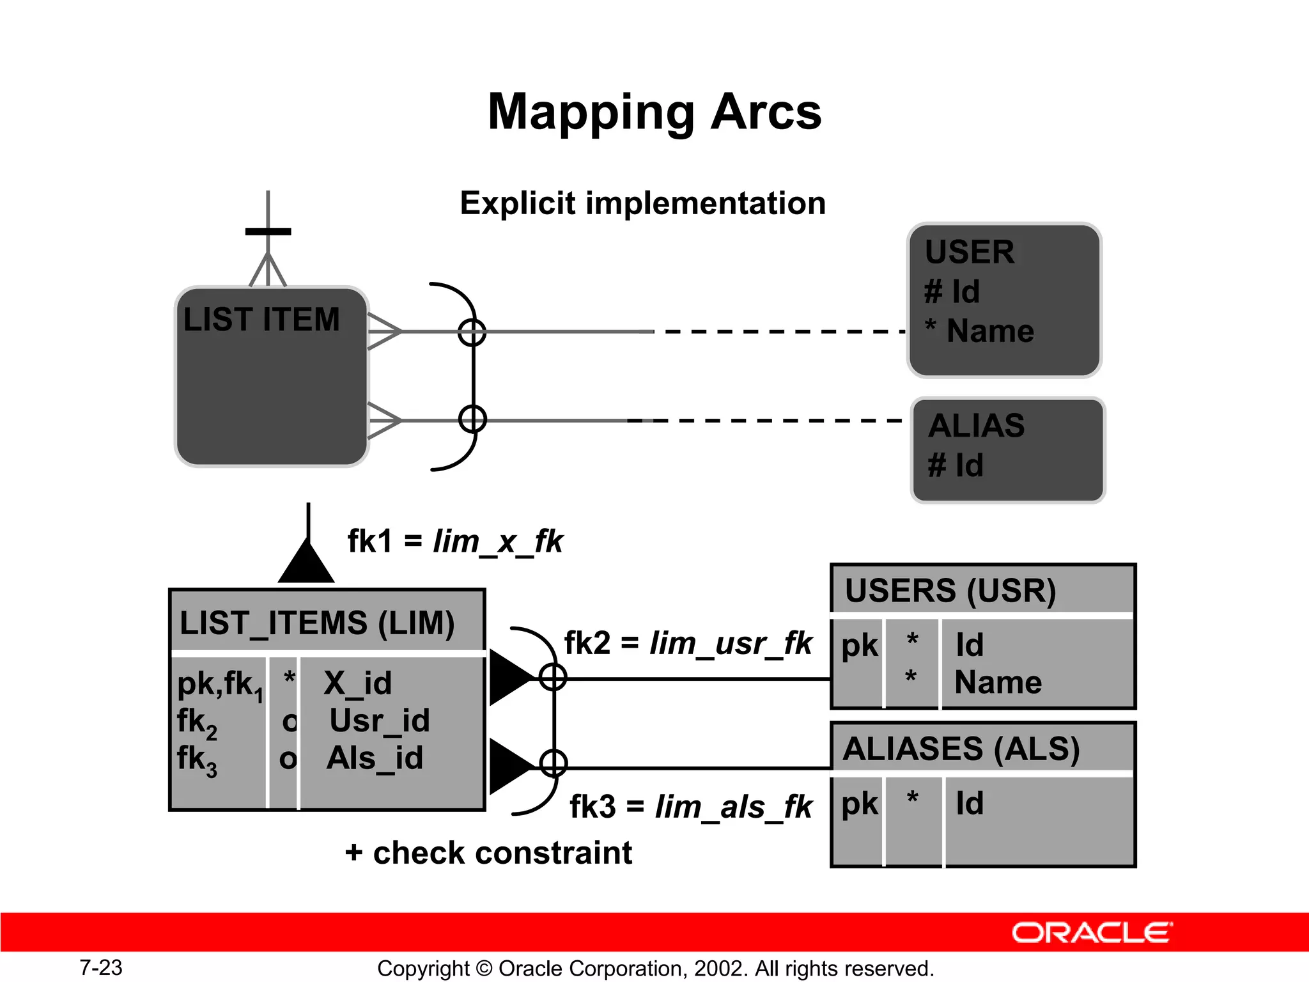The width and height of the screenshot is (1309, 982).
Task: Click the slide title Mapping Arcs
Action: [x=654, y=112]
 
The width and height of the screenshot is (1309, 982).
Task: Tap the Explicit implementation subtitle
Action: [x=642, y=203]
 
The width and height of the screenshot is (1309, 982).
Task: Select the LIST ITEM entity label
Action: [x=261, y=319]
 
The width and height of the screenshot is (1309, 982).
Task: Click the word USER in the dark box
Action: [x=969, y=252]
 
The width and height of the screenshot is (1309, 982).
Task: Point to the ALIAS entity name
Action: [x=976, y=426]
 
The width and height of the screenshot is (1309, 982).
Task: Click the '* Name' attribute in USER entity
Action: [x=979, y=331]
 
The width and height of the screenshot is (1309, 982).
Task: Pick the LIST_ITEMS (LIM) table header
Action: [x=317, y=623]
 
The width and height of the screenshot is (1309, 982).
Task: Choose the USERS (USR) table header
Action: [x=950, y=590]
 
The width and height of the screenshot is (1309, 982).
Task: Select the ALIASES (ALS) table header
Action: [x=961, y=749]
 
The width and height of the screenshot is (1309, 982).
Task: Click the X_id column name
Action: [x=357, y=683]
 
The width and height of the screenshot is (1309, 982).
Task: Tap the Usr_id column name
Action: [x=379, y=721]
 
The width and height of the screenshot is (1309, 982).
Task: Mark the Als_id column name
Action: [x=375, y=758]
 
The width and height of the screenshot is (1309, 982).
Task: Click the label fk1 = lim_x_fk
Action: [x=454, y=542]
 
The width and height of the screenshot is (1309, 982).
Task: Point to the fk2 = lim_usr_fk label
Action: [x=688, y=643]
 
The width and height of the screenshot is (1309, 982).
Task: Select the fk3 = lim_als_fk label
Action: [x=690, y=806]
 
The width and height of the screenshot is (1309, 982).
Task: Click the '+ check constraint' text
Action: [x=488, y=853]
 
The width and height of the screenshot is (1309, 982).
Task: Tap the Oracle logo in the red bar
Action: [x=1092, y=933]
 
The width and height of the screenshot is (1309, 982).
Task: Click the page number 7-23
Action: [x=101, y=967]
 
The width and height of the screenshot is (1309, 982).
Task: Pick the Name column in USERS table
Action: [x=998, y=682]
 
